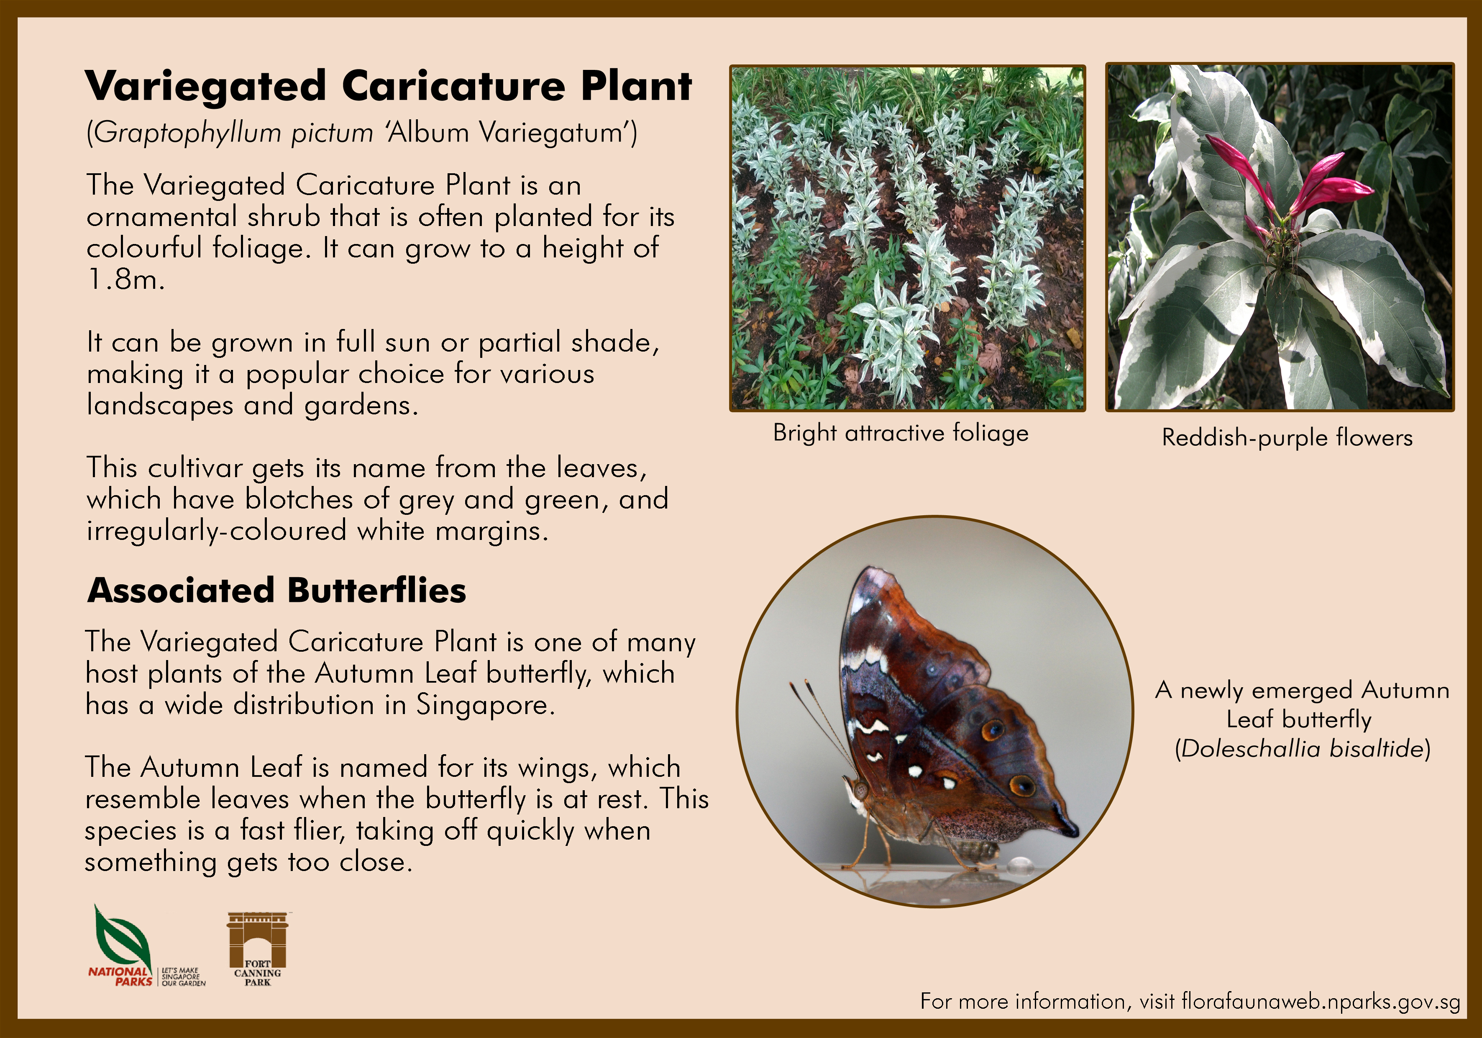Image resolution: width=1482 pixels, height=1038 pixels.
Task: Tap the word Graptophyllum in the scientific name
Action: (x=188, y=134)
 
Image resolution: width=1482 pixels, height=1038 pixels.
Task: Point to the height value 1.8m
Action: (x=126, y=279)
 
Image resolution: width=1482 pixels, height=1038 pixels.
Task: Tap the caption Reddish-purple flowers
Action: (x=1287, y=438)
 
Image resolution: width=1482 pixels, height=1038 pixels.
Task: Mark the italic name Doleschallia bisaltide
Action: (x=1303, y=749)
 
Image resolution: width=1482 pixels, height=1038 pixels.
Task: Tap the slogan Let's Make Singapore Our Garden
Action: (x=183, y=976)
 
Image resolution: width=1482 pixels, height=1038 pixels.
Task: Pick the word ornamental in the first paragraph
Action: (x=162, y=217)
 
